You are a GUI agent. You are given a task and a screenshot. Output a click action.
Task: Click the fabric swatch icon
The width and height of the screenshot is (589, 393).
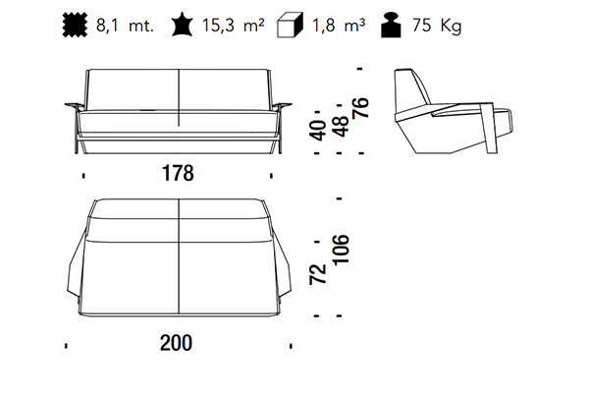pos(75,26)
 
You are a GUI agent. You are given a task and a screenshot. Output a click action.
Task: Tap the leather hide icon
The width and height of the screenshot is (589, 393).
pos(183,25)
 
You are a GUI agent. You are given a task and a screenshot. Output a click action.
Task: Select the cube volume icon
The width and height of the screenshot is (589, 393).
pos(290,26)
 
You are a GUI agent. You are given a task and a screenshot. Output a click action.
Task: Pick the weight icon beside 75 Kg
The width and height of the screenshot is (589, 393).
pos(391,26)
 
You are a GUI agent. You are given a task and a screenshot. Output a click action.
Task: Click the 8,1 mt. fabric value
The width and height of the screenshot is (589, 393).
pos(125,26)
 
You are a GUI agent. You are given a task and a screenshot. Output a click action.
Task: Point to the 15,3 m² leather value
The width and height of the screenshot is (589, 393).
pos(234,26)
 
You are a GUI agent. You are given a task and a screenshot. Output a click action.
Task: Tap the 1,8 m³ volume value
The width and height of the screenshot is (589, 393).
pos(339,26)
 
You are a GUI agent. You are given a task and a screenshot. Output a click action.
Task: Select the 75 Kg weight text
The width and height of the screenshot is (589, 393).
pos(437,26)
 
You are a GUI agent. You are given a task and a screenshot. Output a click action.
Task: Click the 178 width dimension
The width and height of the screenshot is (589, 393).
pos(178,173)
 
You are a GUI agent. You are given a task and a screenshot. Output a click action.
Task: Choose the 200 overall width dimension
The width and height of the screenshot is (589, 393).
pos(176,343)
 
